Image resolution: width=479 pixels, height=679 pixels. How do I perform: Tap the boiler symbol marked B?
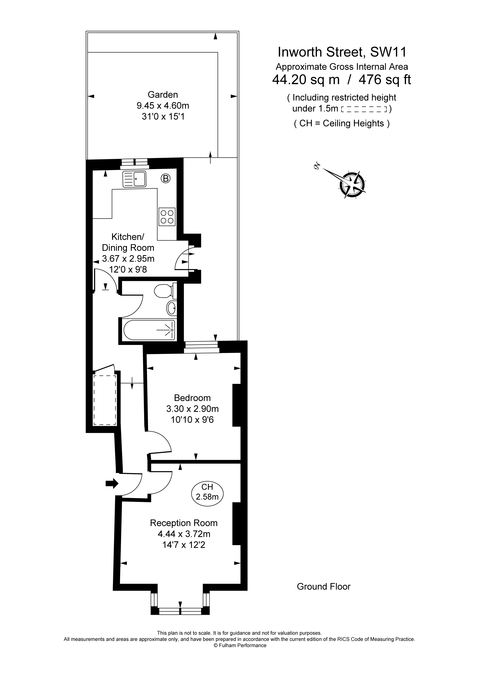pos(166,178)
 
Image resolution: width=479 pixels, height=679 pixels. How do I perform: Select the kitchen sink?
pos(134,179)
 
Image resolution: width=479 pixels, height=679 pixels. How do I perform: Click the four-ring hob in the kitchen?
pos(167,217)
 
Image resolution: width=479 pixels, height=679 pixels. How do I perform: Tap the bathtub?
pos(149,330)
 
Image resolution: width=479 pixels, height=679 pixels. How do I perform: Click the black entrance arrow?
pos(112,484)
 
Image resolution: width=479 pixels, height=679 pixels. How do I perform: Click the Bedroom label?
pos(192,398)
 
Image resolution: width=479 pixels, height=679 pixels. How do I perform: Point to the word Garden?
pos(163,95)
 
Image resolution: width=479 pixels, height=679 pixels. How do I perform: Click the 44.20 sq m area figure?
pos(306,80)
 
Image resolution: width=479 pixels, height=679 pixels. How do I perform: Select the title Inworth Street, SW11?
pos(342,52)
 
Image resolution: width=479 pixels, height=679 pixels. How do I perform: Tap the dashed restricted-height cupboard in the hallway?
pos(105,400)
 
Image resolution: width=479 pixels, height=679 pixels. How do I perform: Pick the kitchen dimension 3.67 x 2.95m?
pos(128,259)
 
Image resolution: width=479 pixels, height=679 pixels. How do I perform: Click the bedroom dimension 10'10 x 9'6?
pos(192,420)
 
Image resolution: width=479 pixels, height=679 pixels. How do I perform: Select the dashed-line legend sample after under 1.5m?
pos(364,109)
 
